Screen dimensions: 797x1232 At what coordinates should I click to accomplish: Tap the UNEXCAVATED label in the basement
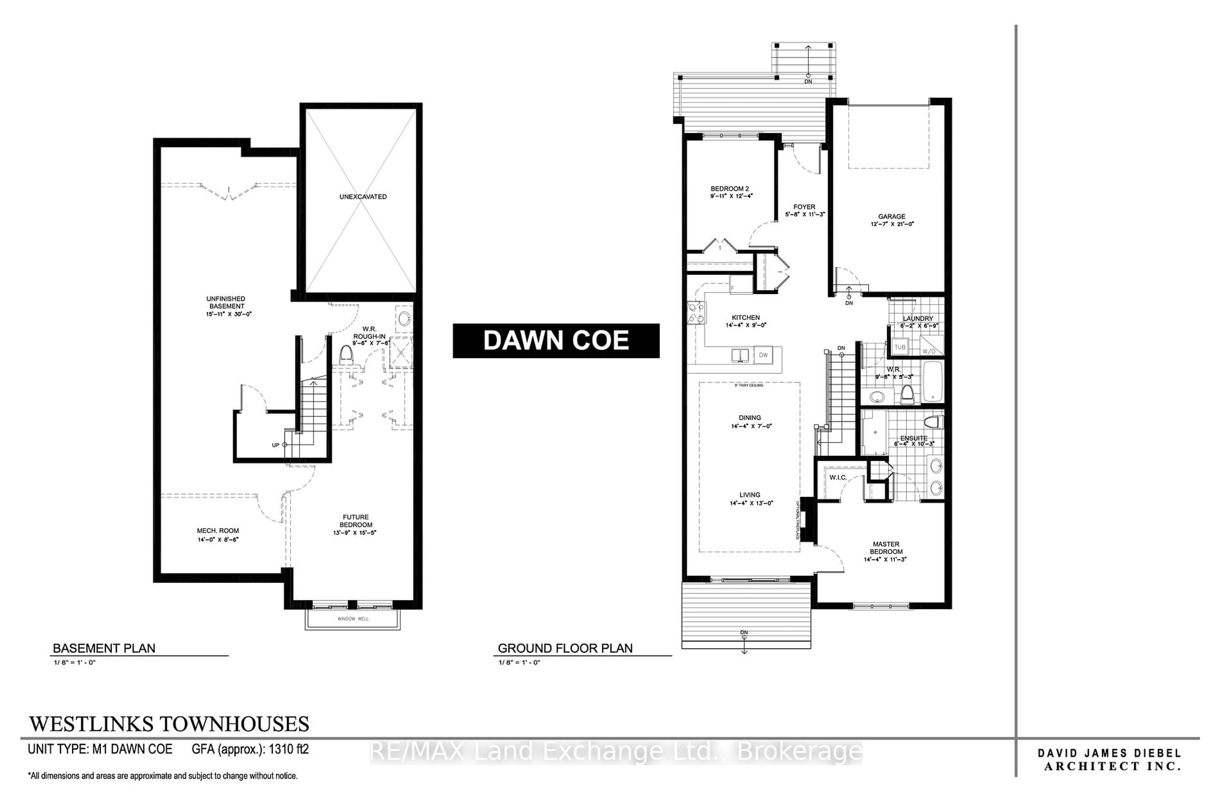click(363, 197)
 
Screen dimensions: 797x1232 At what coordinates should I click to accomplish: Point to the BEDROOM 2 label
click(730, 189)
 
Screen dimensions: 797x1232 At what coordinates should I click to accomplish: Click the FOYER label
click(804, 207)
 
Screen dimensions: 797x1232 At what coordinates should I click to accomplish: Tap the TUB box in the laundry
click(900, 347)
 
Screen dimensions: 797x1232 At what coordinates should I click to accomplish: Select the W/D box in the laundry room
click(929, 351)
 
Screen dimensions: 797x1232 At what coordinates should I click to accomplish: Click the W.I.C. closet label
click(838, 477)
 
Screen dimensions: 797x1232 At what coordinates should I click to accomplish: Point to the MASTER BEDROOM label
click(886, 548)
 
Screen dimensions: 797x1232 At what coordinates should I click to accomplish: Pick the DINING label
click(750, 418)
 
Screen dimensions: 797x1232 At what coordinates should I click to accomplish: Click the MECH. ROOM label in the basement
click(218, 530)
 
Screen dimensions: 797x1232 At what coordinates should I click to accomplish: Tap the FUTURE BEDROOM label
click(355, 521)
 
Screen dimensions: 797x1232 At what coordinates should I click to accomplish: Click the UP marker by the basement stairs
click(276, 445)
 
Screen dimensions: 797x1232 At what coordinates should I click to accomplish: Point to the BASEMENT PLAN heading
click(104, 648)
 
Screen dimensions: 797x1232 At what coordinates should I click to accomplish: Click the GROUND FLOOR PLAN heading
click(565, 648)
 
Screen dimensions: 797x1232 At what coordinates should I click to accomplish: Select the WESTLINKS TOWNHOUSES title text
click(169, 724)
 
